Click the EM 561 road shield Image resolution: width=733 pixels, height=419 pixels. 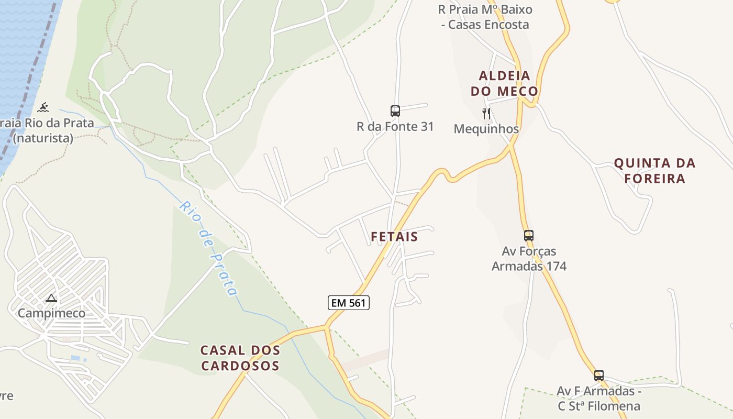pos(349,303)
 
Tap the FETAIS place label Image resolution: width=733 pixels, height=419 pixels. pos(394,237)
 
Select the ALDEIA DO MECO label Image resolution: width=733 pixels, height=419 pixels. pos(504,84)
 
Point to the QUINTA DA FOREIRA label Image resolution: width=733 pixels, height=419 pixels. pos(654,171)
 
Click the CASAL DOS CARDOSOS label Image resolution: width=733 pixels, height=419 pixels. pos(240,358)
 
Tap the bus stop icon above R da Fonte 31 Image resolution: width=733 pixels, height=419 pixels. pos(395,111)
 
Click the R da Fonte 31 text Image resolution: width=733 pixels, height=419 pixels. pos(395,127)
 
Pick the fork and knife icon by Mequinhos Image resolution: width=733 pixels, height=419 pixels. pos(486,113)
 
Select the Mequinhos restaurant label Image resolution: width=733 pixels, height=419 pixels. pos(486,129)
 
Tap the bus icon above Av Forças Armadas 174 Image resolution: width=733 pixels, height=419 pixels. pos(529,235)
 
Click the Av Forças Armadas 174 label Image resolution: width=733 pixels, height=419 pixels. pos(529,259)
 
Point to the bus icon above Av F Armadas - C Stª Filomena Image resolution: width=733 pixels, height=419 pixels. pos(599,375)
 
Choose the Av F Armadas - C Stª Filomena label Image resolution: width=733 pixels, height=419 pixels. pos(599,399)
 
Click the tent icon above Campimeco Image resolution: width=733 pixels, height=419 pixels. pos(51,299)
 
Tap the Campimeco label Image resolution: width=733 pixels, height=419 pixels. pos(51,313)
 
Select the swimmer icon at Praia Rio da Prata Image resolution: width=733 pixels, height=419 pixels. pos(43,108)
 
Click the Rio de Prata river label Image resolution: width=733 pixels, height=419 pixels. pos(208,248)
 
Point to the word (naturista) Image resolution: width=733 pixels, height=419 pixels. pos(43,139)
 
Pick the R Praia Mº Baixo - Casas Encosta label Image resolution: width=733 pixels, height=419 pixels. pos(485,17)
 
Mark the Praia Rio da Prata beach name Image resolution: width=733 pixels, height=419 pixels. pos(47,124)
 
